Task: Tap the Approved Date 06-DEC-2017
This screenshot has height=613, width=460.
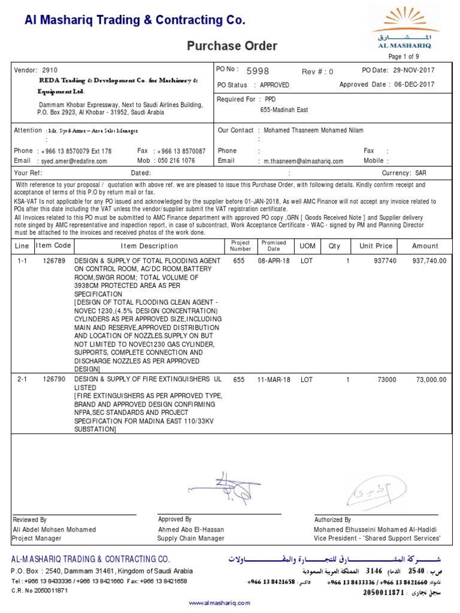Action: [414, 85]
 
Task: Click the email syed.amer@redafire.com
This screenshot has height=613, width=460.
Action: [73, 161]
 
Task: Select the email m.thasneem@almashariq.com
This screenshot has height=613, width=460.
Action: [301, 161]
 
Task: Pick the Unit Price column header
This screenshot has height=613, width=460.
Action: [376, 246]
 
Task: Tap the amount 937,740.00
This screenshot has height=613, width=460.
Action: [429, 262]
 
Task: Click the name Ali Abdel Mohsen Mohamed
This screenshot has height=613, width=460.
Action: [54, 530]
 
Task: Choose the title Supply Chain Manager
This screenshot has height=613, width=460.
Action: [190, 538]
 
